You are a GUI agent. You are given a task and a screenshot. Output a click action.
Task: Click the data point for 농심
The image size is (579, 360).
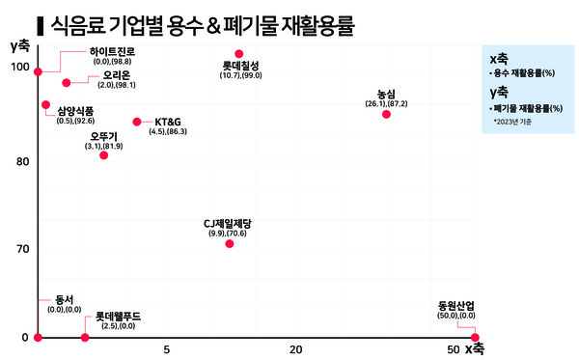(x=386, y=114)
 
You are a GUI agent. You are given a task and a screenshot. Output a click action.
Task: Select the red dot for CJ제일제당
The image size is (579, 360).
(x=229, y=243)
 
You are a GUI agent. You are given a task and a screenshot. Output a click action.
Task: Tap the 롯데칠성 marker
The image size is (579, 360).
(x=239, y=54)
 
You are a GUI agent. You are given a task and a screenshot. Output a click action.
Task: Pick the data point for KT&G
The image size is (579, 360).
(x=136, y=122)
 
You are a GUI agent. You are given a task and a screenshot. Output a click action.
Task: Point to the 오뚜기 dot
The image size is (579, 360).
(x=104, y=155)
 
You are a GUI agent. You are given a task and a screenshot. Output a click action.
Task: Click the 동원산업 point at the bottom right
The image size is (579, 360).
(x=474, y=337)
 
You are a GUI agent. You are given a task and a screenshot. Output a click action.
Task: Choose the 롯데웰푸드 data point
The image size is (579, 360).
(x=85, y=337)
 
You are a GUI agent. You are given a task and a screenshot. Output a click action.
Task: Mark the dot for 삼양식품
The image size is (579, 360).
(x=45, y=104)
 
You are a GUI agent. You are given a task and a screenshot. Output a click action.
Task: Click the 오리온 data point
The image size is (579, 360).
(x=66, y=83)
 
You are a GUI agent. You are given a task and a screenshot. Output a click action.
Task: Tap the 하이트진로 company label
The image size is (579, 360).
(x=112, y=50)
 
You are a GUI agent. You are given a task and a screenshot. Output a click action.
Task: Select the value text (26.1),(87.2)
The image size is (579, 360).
(x=386, y=103)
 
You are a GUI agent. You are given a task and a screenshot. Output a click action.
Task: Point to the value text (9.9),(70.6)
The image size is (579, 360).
(x=229, y=234)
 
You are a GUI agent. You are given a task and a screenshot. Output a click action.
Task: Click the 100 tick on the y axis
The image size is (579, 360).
(x=18, y=66)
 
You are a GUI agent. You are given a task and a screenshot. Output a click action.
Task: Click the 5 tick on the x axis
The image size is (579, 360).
(x=167, y=349)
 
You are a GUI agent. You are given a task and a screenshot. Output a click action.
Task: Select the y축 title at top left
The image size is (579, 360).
(x=18, y=44)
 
